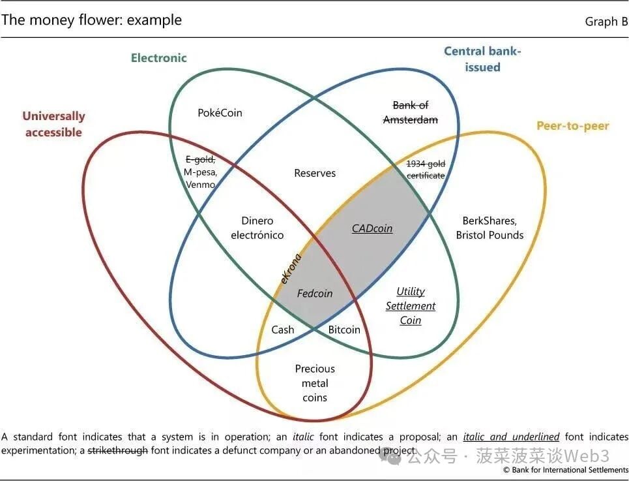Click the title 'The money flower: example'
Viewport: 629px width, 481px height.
click(x=91, y=20)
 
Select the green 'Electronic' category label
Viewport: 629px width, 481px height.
click(x=158, y=57)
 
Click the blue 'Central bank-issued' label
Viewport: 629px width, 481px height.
click(x=482, y=59)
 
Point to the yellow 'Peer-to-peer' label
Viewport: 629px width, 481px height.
click(x=572, y=126)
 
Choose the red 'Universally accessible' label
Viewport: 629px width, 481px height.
click(x=53, y=124)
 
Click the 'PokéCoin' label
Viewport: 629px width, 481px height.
click(x=220, y=113)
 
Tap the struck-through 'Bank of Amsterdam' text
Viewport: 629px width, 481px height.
click(x=410, y=112)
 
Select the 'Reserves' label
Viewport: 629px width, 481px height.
click(x=315, y=173)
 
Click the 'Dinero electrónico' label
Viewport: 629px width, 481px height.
click(x=257, y=228)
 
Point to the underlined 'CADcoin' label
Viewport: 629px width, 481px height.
click(x=372, y=228)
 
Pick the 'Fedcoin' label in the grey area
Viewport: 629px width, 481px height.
click(x=315, y=294)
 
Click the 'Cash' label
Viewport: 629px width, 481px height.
click(x=283, y=330)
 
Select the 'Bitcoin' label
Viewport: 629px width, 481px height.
click(x=344, y=330)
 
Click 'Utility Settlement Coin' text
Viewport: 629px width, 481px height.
click(x=411, y=305)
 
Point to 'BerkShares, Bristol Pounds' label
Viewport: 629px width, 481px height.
click(x=490, y=228)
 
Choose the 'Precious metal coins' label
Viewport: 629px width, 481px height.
click(x=315, y=383)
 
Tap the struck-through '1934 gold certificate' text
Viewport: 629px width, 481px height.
click(x=426, y=169)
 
